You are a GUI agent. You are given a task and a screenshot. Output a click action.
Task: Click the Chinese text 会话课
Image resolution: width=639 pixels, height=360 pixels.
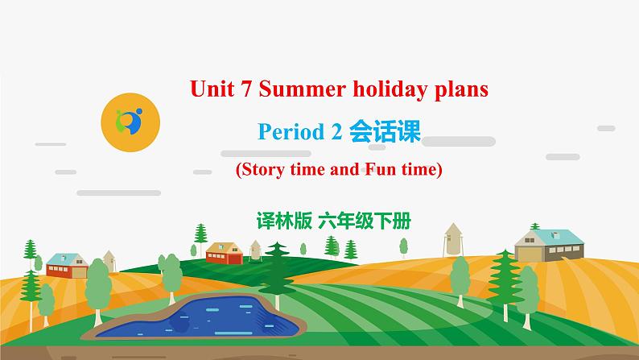click(x=385, y=131)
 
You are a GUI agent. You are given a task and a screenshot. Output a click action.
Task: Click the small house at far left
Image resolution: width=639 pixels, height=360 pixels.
click(x=66, y=264)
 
